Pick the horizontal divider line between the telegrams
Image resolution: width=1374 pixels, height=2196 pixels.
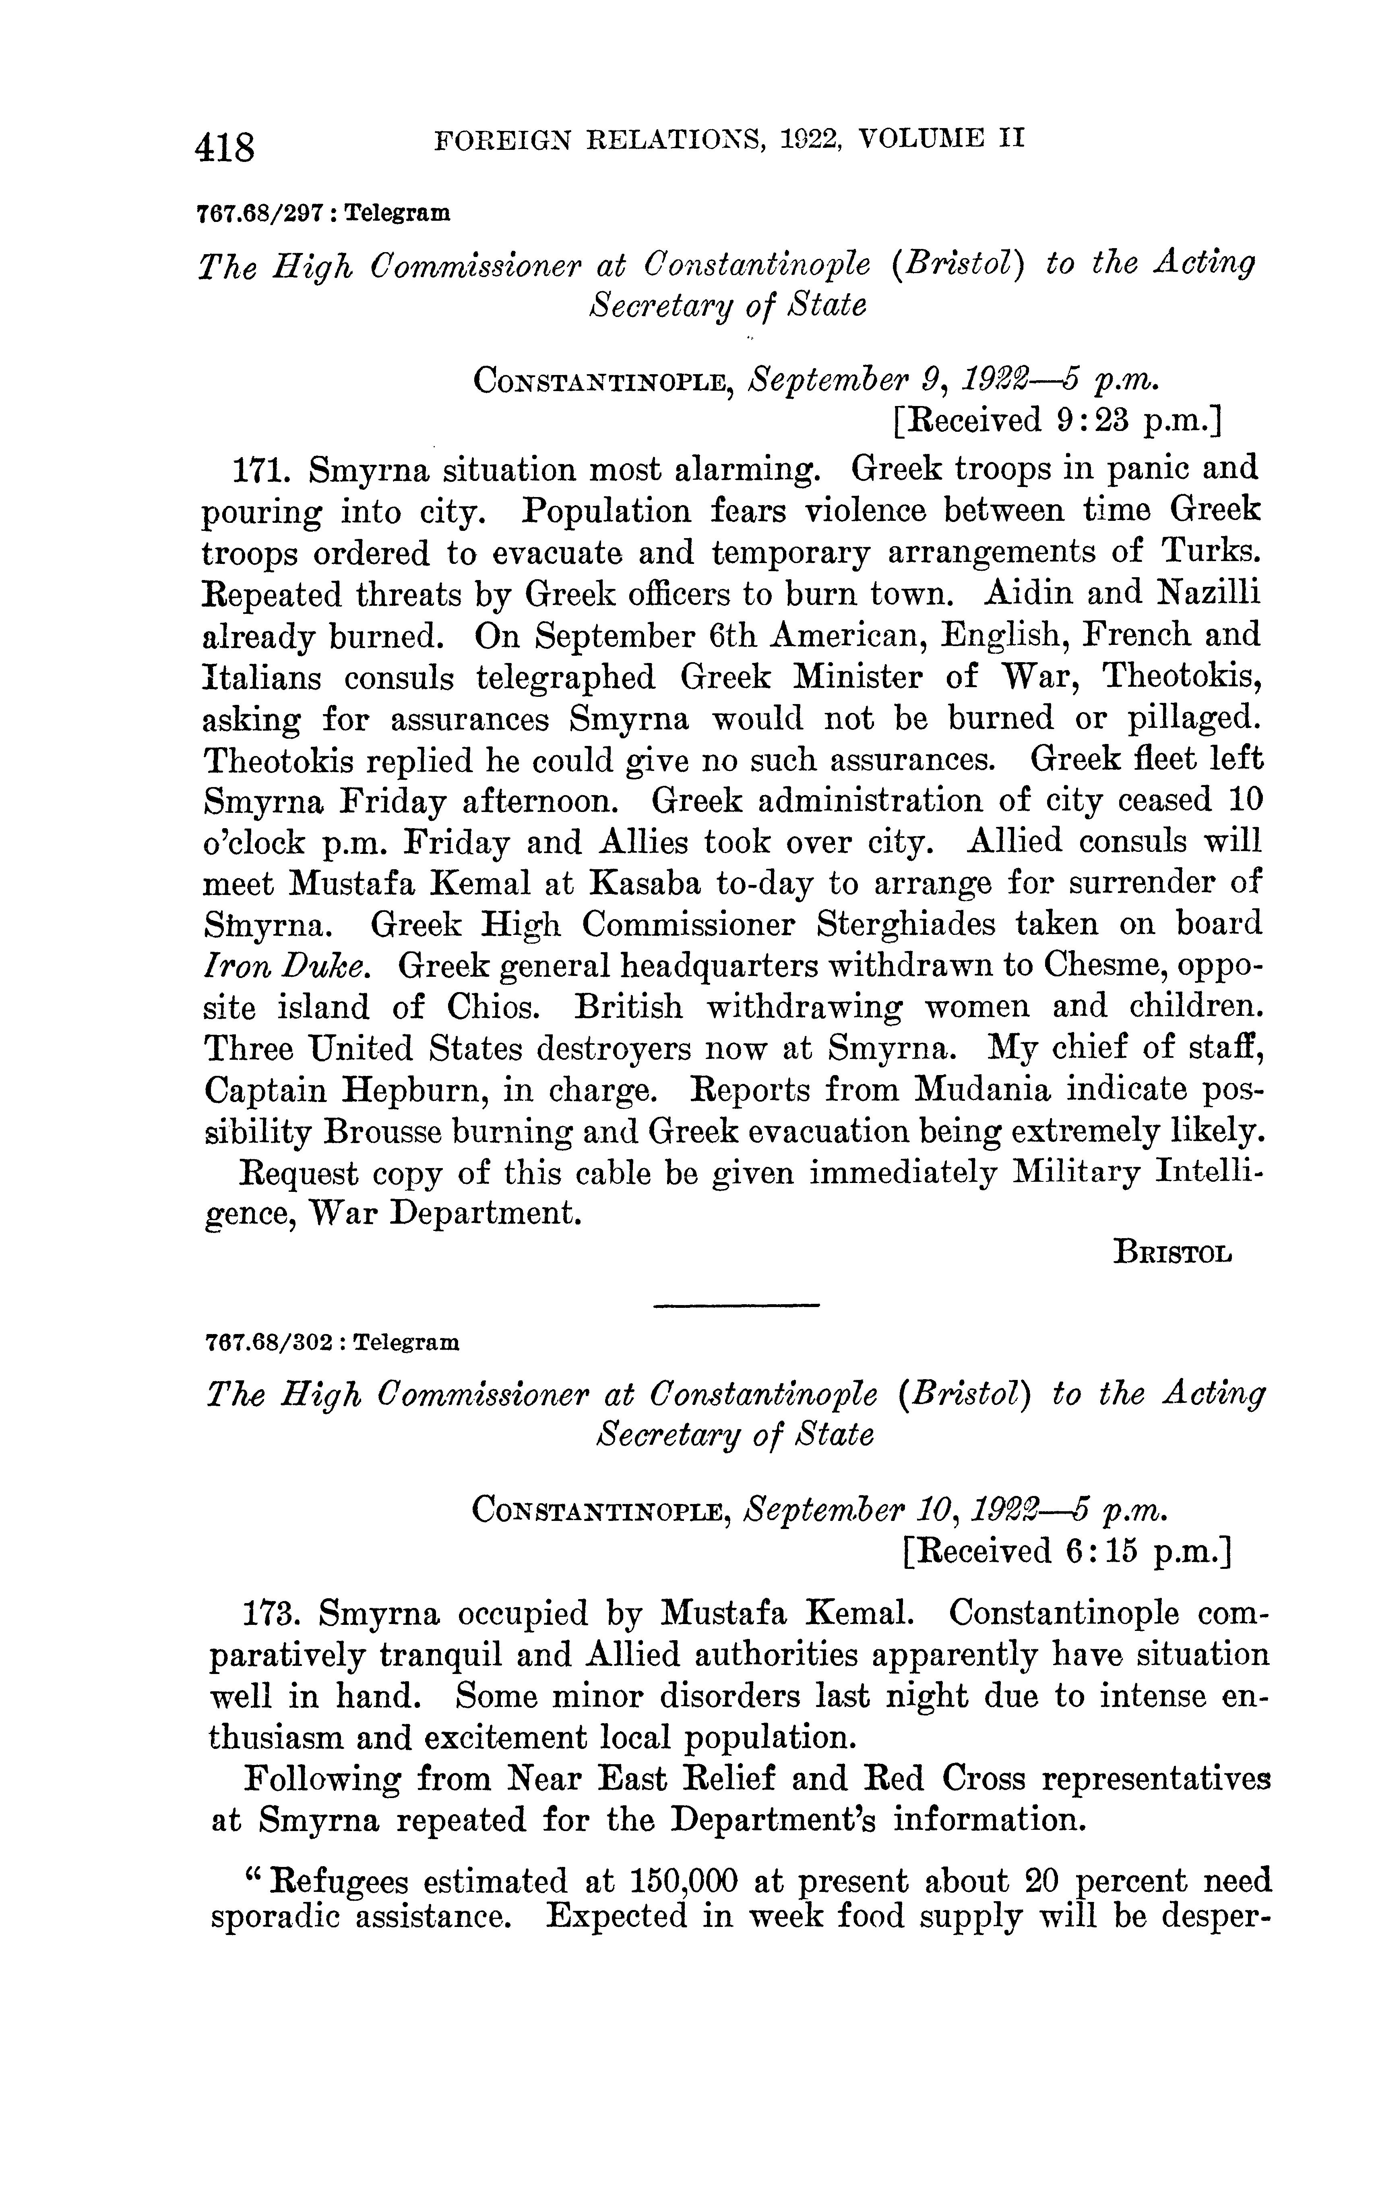pyautogui.click(x=736, y=1306)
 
